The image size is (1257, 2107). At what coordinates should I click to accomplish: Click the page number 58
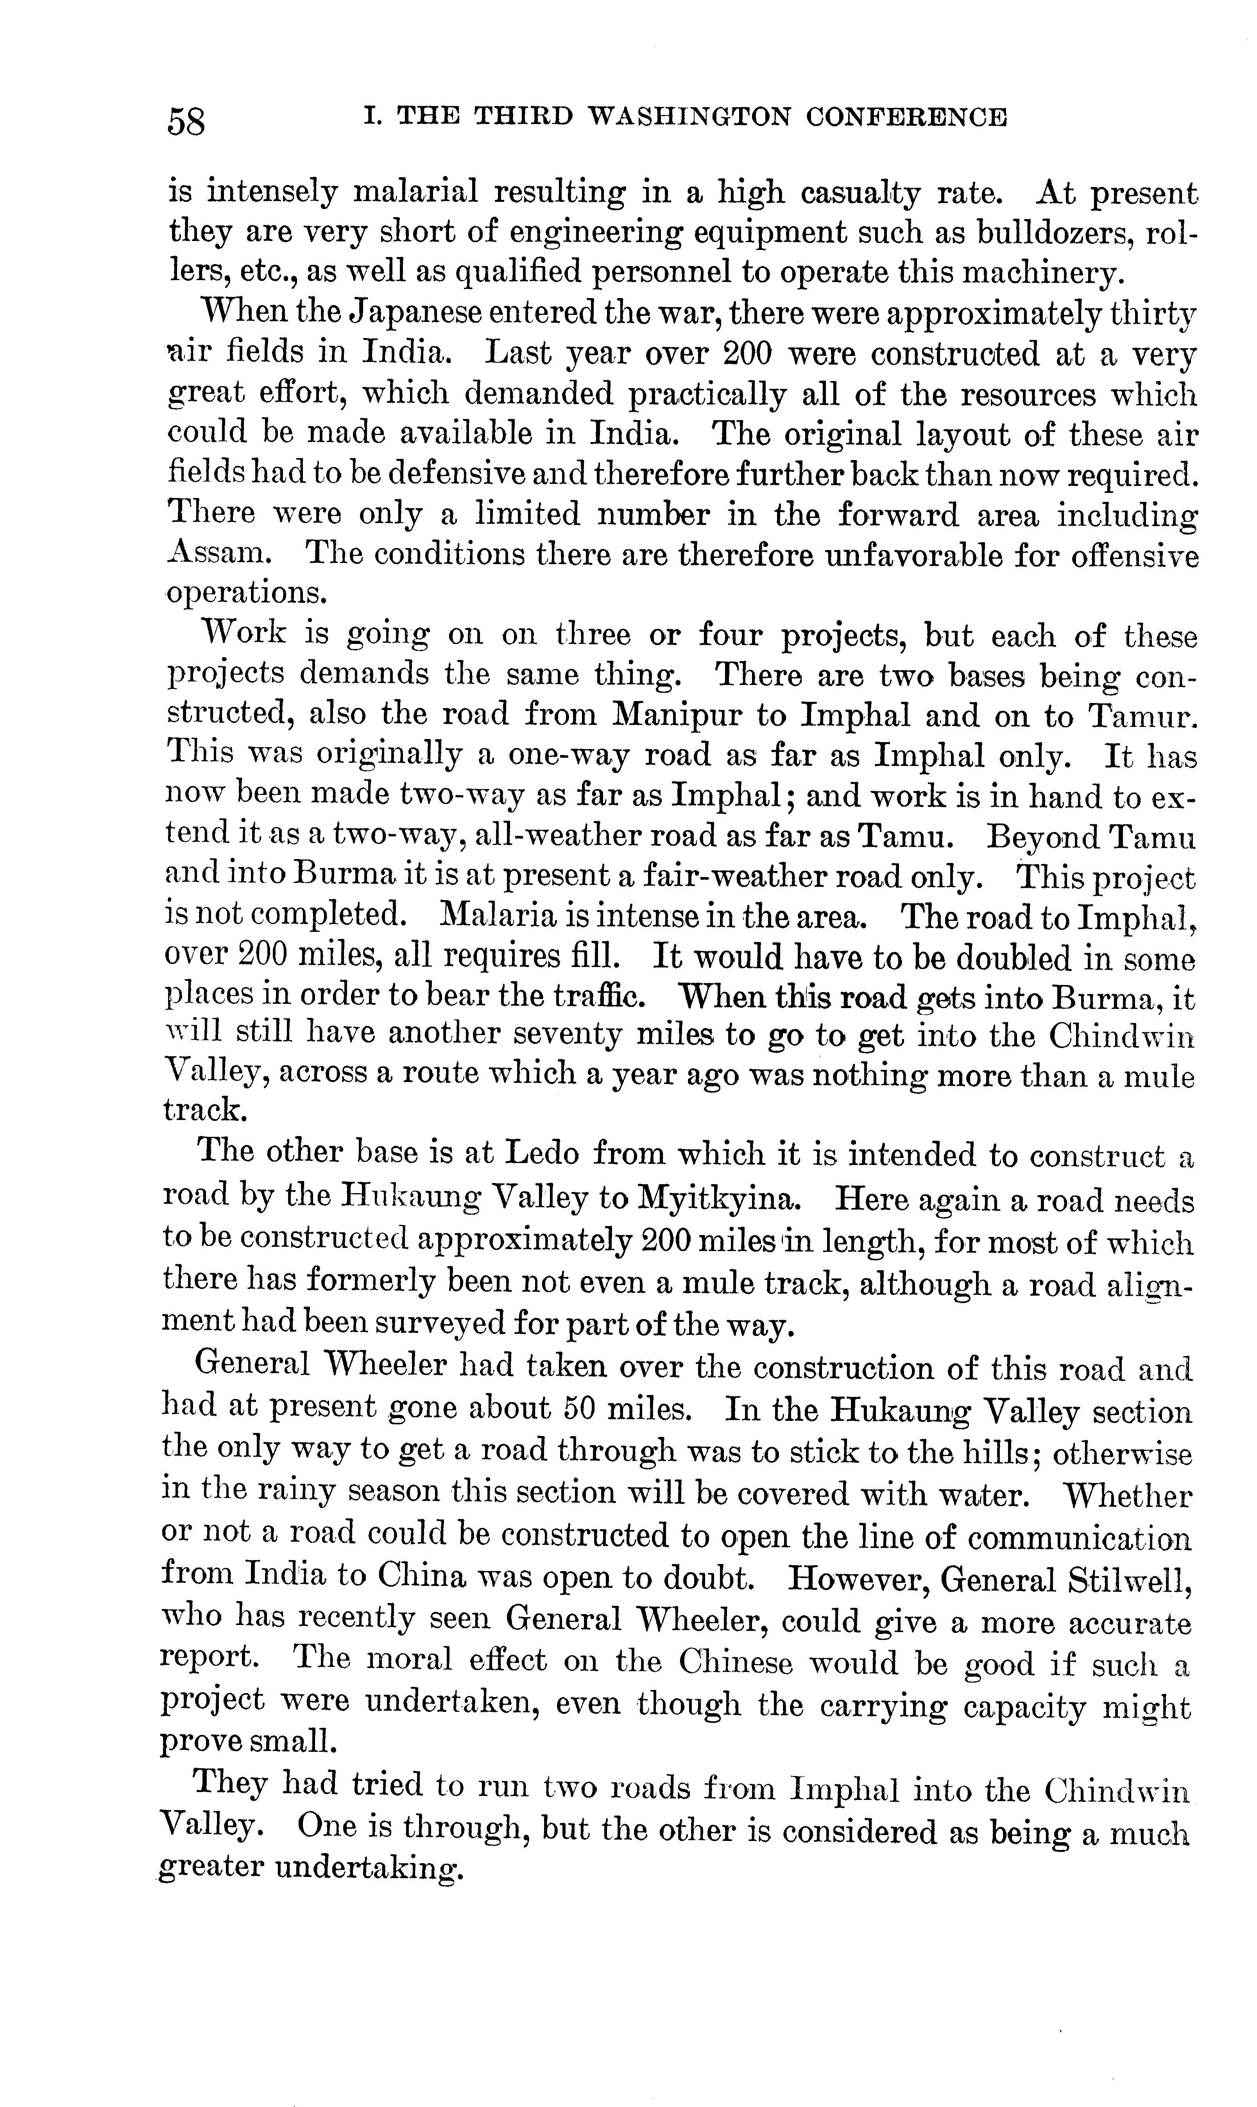point(186,121)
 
